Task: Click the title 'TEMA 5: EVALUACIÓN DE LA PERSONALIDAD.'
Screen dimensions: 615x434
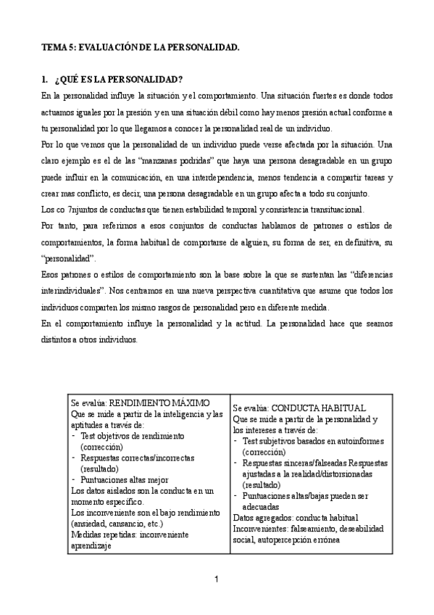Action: pos(140,46)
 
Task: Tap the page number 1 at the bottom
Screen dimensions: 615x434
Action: pos(217,579)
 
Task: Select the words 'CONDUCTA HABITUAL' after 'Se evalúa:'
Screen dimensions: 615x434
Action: pos(319,408)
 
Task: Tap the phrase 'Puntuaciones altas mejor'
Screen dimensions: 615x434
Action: pos(125,459)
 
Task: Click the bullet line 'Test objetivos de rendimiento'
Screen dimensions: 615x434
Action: pos(133,436)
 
